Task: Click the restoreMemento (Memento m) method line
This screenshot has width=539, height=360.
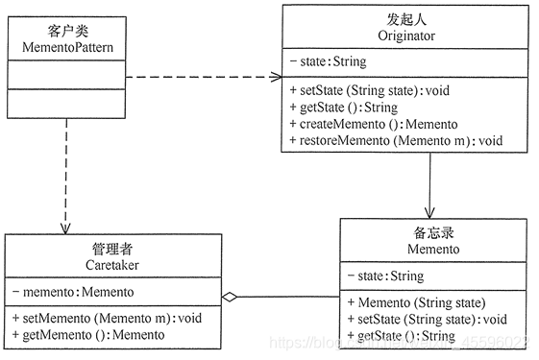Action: pos(395,141)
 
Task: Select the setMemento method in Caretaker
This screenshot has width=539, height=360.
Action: pos(108,318)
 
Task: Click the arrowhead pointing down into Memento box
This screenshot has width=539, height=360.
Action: pos(429,212)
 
